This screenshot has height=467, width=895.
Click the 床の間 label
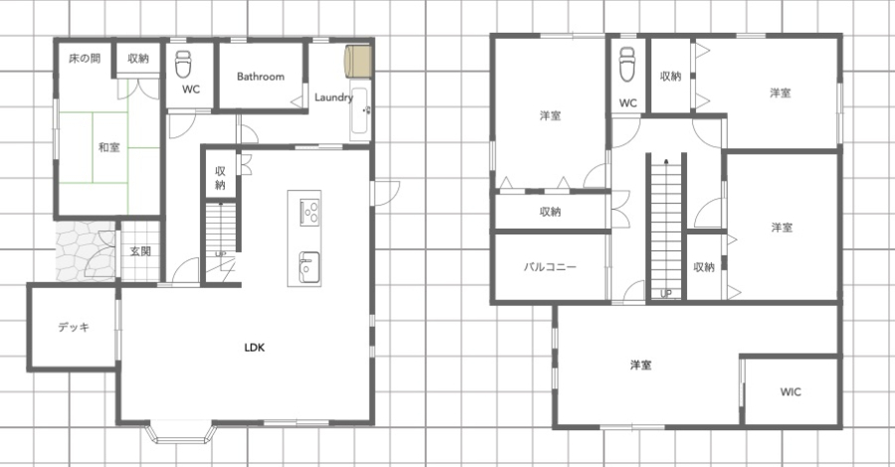(85, 59)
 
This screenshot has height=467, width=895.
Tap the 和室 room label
(109, 147)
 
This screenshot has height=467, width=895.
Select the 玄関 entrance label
(140, 251)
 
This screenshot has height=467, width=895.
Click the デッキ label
(74, 327)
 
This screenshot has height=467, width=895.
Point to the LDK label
(255, 347)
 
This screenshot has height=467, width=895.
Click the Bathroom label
(261, 77)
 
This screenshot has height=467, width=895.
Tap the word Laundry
(334, 97)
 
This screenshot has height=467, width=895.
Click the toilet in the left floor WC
(183, 64)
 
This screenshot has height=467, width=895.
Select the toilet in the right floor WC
(627, 64)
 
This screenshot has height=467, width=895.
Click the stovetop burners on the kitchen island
(310, 212)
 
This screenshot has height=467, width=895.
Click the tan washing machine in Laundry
(358, 62)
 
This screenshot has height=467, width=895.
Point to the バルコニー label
(550, 266)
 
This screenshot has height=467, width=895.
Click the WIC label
(791, 391)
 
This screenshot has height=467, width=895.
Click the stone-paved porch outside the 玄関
(86, 251)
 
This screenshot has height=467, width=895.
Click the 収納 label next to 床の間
(138, 59)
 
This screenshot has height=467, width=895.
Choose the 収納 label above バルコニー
(550, 212)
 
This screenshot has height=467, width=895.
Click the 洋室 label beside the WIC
(641, 365)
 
